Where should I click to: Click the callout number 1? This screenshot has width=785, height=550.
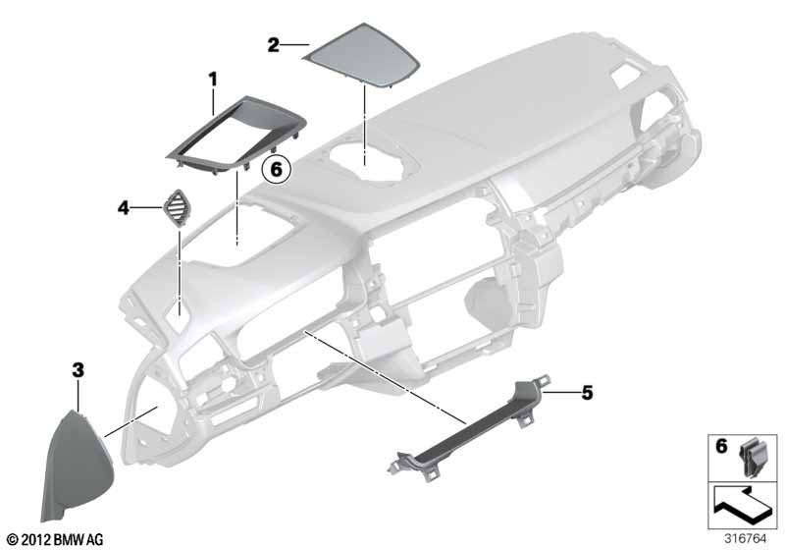213,80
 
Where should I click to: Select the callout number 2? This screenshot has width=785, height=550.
274,45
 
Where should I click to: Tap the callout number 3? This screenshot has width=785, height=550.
78,370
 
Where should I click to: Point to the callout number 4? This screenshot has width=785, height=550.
124,207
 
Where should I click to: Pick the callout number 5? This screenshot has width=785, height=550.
587,393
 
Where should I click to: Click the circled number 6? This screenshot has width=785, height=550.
277,169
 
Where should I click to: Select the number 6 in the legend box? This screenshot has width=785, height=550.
721,446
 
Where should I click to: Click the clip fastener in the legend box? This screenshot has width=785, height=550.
751,457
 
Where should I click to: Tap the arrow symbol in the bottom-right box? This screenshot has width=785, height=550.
743,504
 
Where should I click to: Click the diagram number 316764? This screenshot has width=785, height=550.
746,539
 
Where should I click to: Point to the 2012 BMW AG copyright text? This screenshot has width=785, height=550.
55,540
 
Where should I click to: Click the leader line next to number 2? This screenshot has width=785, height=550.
294,45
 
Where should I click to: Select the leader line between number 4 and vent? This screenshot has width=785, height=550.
146,207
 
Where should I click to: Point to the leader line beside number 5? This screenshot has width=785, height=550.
561,393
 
